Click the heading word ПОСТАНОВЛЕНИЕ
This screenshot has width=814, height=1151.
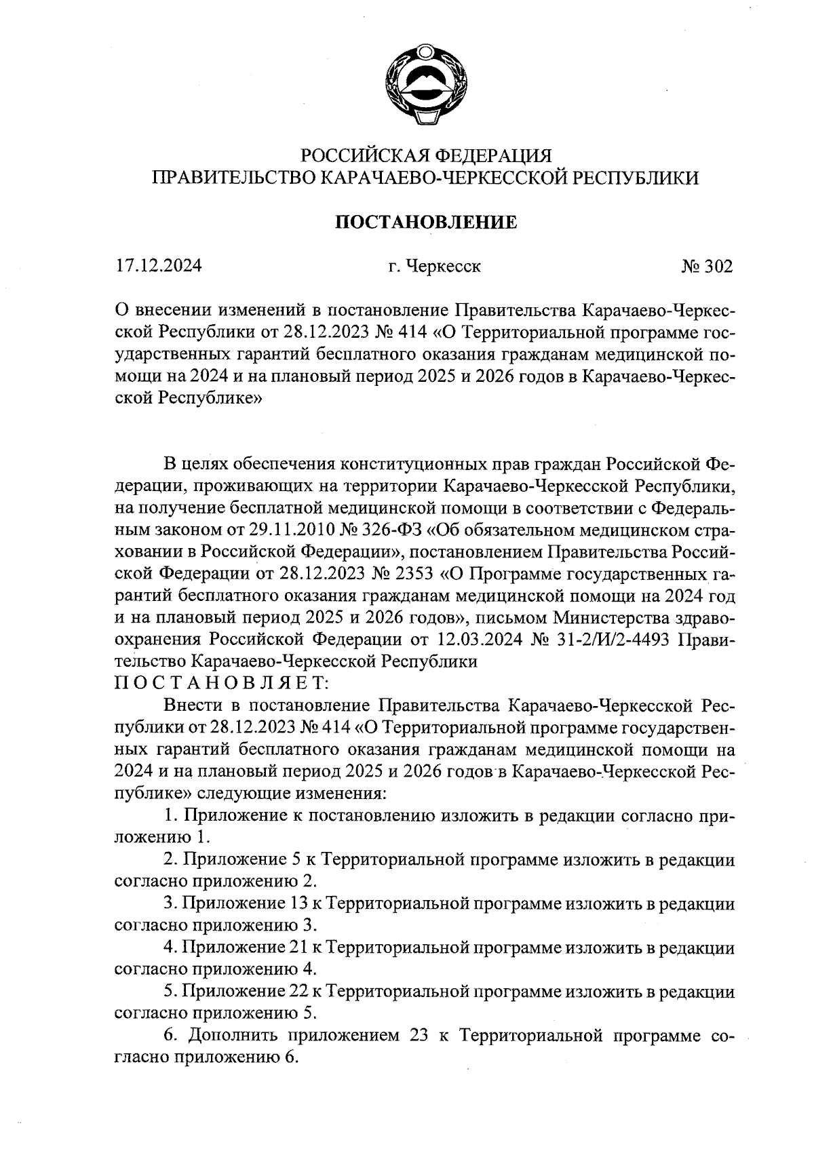click(x=427, y=222)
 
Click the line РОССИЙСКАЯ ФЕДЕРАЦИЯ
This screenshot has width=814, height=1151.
click(x=425, y=155)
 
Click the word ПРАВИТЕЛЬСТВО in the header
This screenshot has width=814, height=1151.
click(x=233, y=178)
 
